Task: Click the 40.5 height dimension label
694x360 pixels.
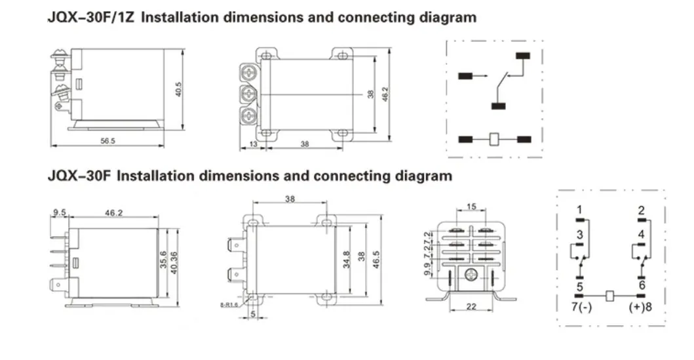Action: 177,90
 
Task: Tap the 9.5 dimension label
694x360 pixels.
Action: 59,212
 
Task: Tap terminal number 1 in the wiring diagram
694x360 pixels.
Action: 579,210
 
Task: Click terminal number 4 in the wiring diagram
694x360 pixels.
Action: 642,233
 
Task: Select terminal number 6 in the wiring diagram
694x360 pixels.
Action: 642,285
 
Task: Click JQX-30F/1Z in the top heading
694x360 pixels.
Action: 91,18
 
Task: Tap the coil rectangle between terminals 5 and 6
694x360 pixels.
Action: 610,296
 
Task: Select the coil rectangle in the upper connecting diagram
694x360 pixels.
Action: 495,139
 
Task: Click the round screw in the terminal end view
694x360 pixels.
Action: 469,276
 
